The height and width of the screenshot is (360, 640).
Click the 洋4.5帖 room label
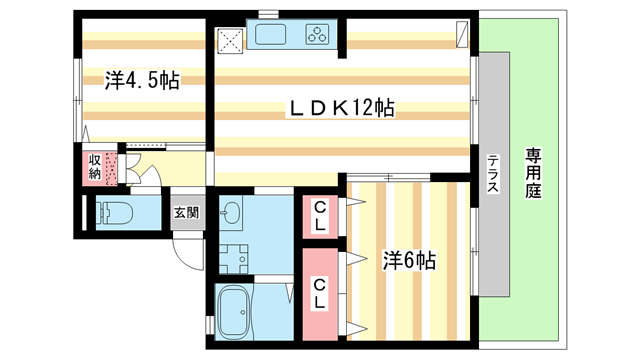point(141,81)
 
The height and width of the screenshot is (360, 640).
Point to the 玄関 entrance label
point(186,212)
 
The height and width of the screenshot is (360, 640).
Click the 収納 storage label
point(94,166)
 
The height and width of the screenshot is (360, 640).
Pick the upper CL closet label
point(319,215)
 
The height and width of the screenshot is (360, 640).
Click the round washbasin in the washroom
point(231,213)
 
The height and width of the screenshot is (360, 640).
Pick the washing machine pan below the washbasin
point(234,258)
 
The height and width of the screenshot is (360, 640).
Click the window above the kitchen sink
point(267,14)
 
